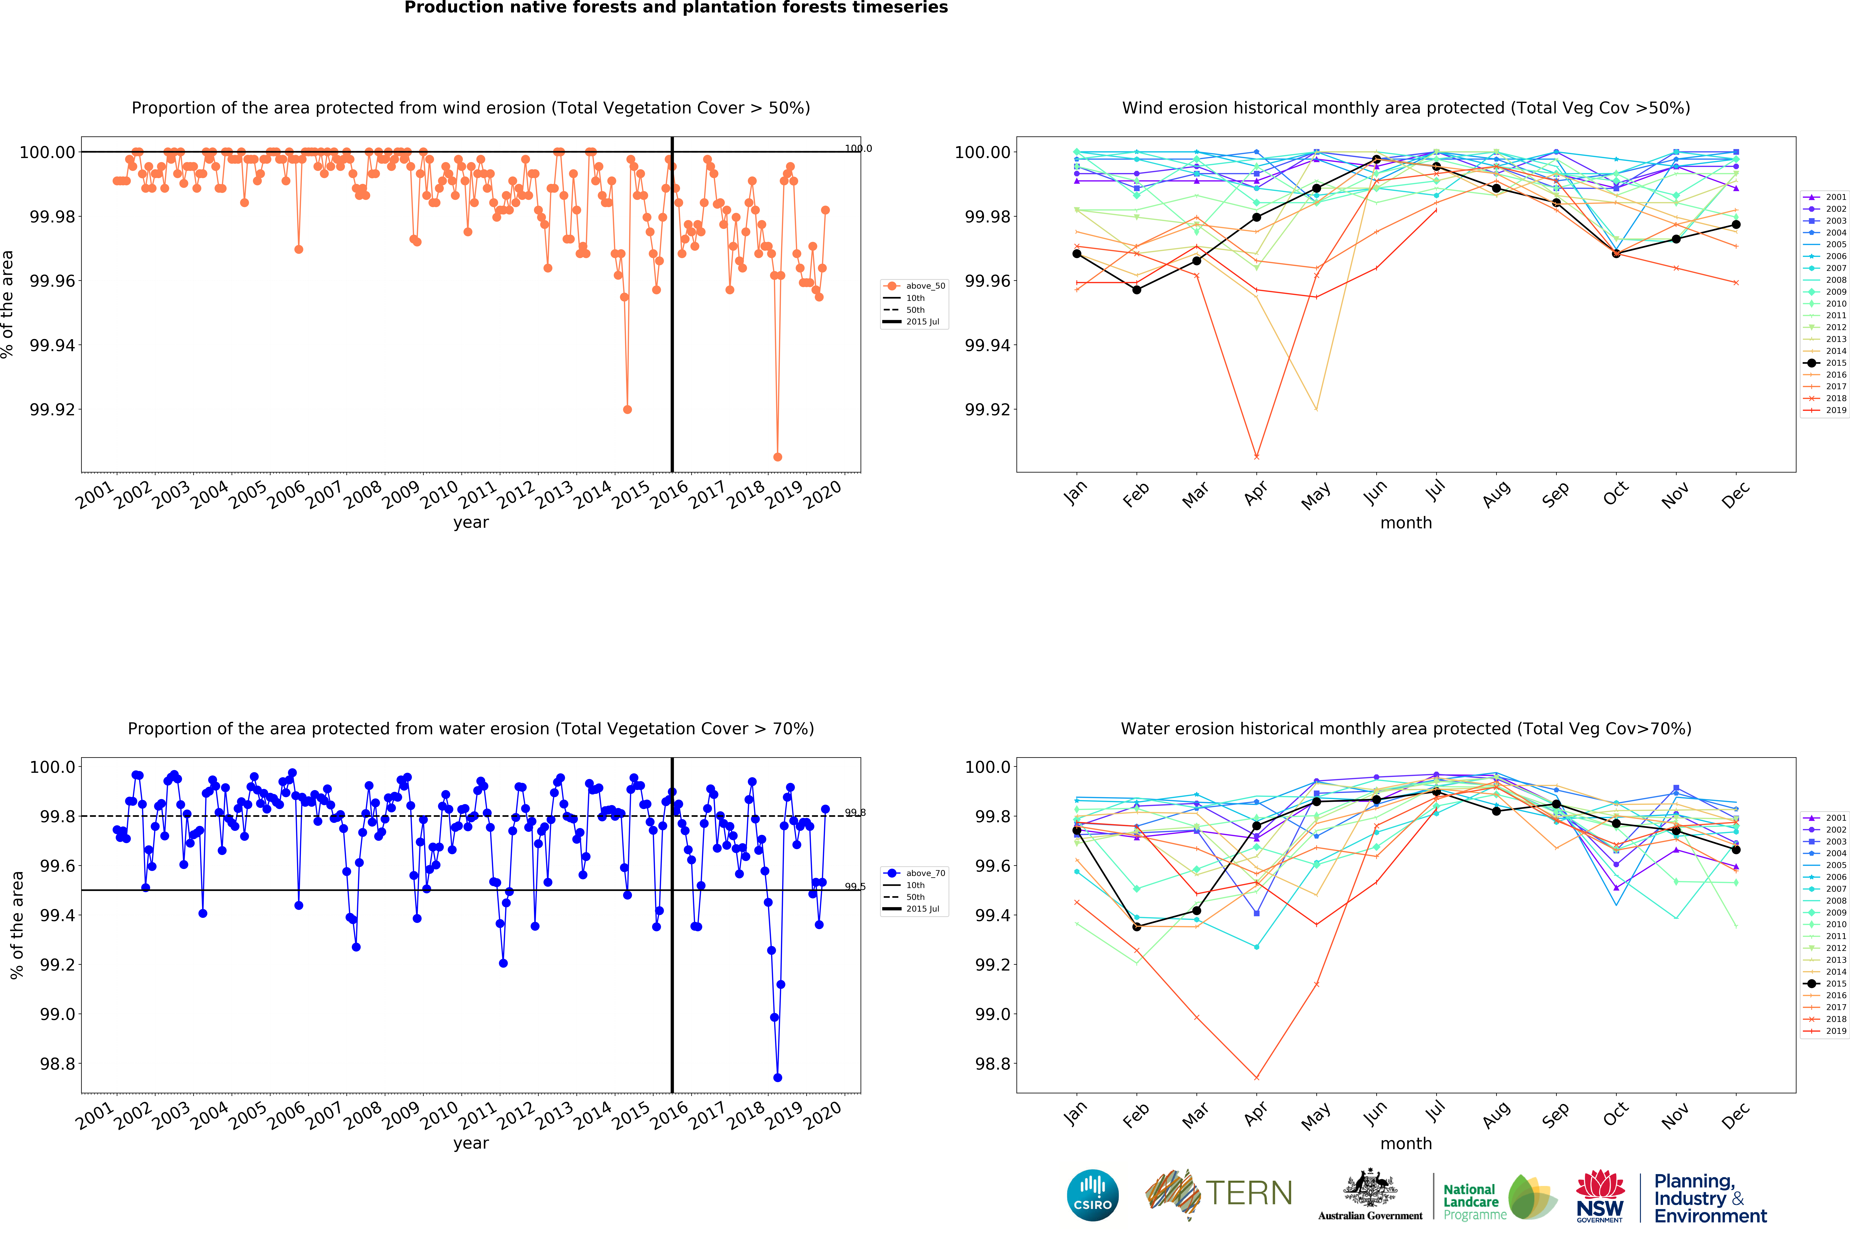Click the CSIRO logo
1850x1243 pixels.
(1093, 1195)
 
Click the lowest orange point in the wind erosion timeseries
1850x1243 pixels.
(777, 457)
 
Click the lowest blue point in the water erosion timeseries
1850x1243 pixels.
(777, 1077)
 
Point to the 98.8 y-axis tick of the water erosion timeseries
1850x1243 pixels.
(58, 1064)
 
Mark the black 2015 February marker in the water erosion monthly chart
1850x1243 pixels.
(1137, 926)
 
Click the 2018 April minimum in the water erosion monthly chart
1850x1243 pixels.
(1256, 1077)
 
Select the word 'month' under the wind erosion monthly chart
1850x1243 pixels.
(1406, 522)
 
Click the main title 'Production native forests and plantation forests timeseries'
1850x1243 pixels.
(676, 8)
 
